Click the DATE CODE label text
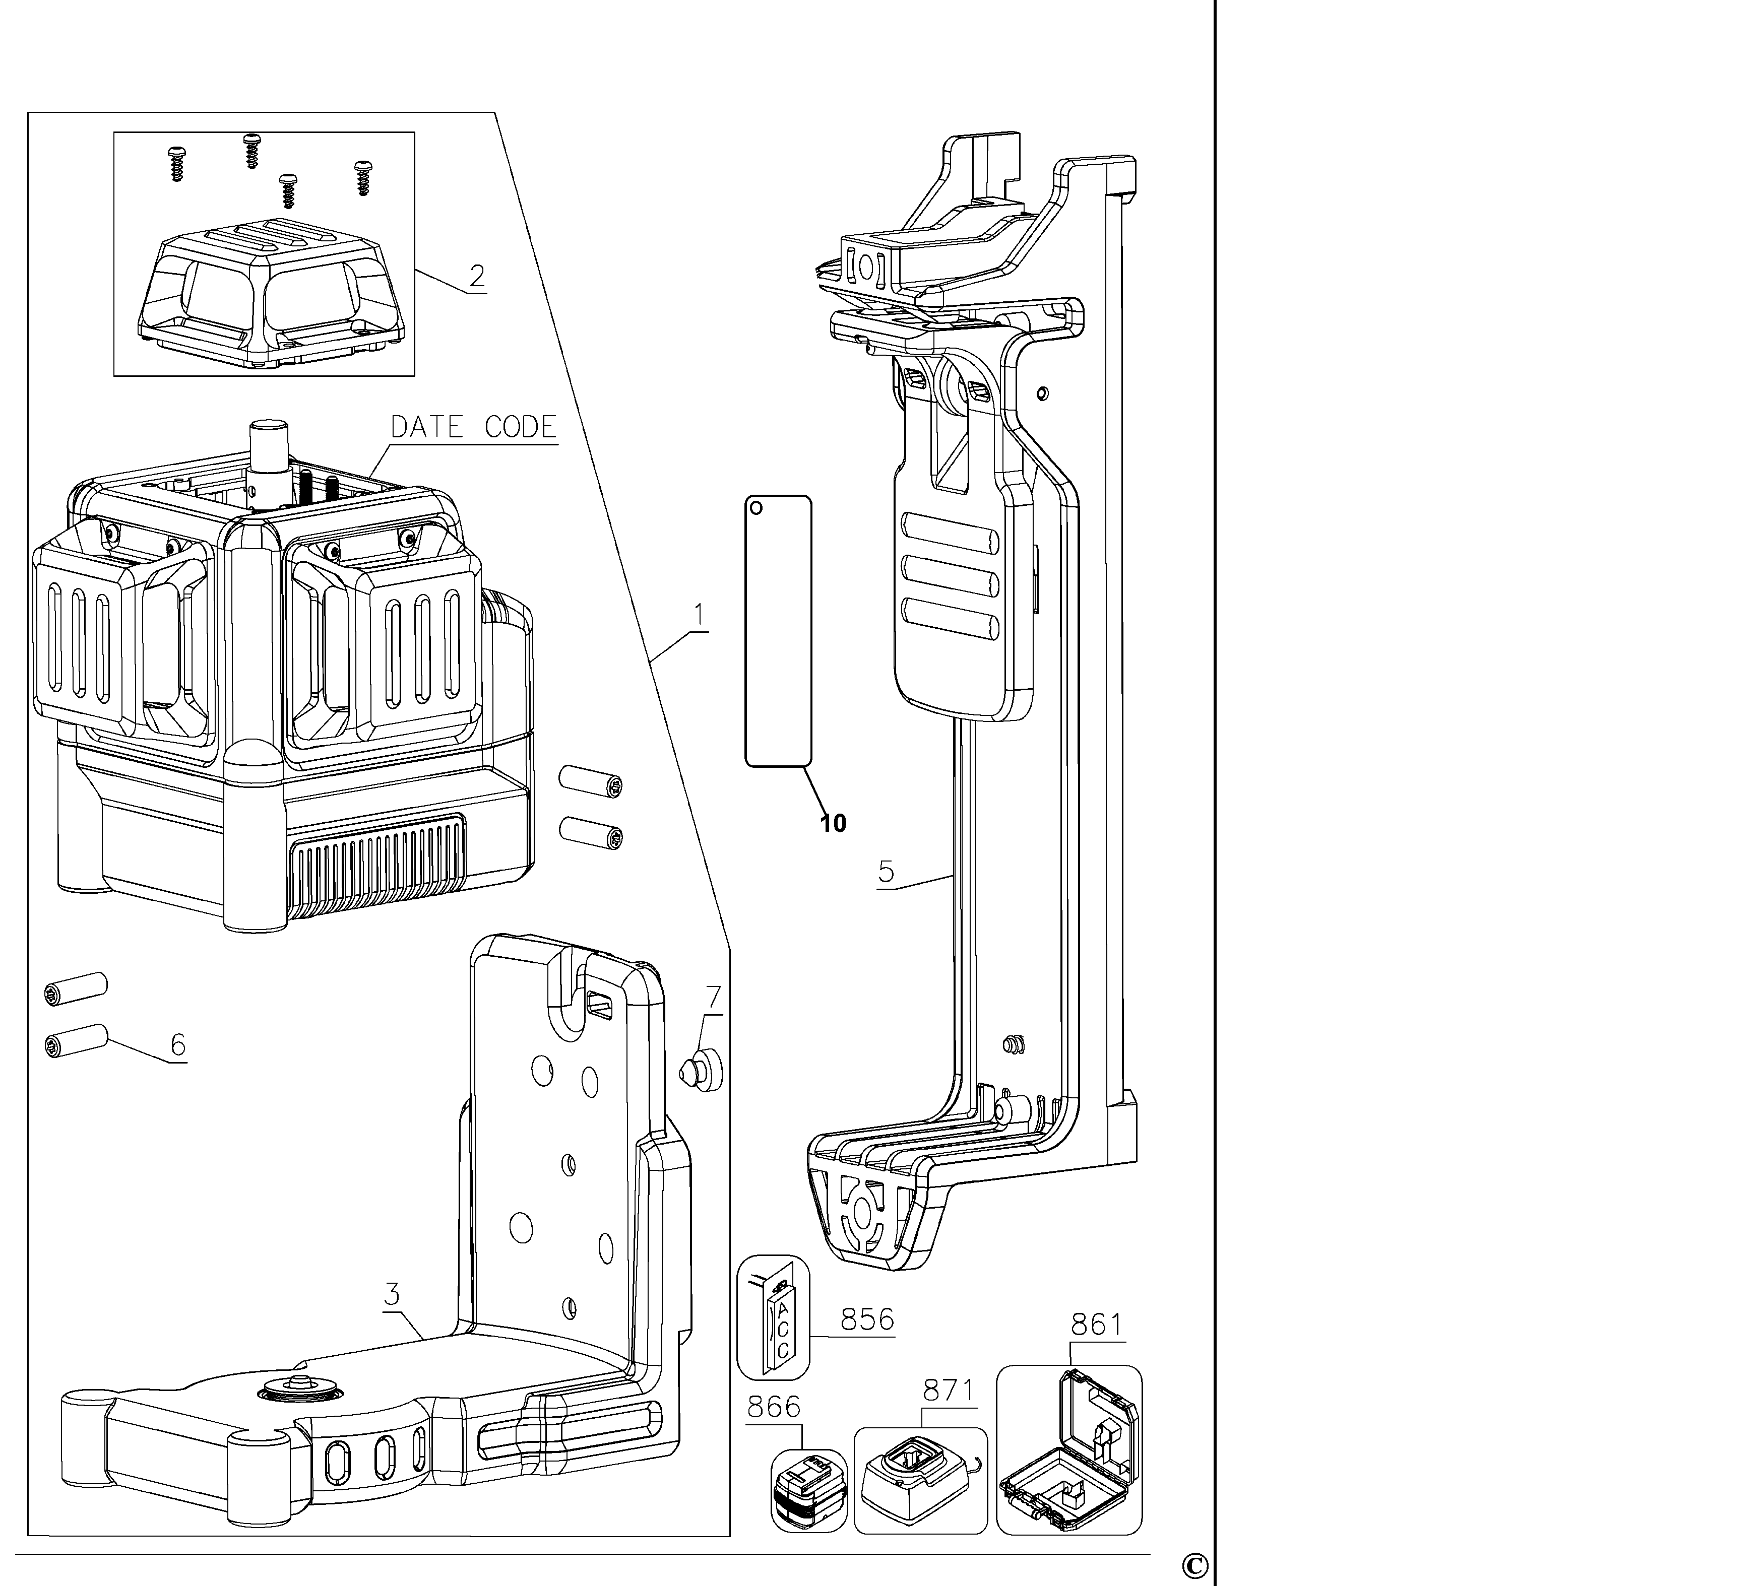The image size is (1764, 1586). (473, 427)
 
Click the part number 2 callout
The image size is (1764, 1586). (477, 276)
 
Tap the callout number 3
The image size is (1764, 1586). (392, 1294)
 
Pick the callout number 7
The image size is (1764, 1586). (714, 997)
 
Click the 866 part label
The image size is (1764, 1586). (774, 1407)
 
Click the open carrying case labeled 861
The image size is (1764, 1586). (1069, 1449)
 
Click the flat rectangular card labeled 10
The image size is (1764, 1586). (778, 631)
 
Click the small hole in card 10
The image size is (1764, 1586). (757, 508)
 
